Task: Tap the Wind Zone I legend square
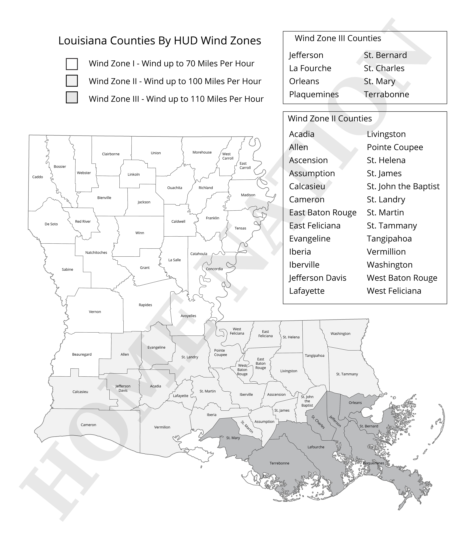[x=72, y=64]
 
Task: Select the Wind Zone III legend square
[x=72, y=97]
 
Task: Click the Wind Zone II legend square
[x=72, y=81]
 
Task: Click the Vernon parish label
[x=95, y=312]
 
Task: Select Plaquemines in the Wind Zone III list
[x=314, y=94]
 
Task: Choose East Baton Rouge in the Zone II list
[x=323, y=213]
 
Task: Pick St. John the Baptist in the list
[x=403, y=186]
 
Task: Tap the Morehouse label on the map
[x=202, y=152]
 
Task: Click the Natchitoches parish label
[x=96, y=252]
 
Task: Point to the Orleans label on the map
[x=355, y=403]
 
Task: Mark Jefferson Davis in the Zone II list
[x=318, y=278]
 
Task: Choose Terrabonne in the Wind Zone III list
[x=386, y=94]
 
